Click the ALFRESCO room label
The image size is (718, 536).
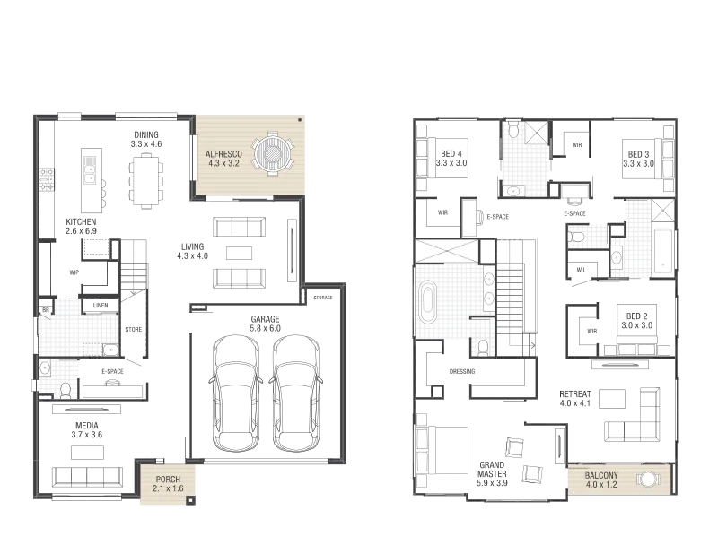[223, 154]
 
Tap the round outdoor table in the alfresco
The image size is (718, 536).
[274, 153]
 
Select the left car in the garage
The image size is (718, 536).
[236, 393]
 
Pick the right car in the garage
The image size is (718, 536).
[296, 393]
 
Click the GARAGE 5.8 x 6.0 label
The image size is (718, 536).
[265, 324]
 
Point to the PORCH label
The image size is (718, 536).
[168, 480]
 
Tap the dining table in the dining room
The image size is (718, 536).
[146, 181]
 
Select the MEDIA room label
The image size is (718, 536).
[86, 426]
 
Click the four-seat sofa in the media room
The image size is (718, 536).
[87, 477]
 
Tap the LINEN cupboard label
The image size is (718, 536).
[101, 305]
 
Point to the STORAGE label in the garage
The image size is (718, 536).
[323, 298]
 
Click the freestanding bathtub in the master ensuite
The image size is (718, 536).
[428, 302]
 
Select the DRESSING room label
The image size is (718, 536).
[462, 371]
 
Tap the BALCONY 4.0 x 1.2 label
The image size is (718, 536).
[601, 480]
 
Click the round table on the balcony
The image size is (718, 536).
[647, 480]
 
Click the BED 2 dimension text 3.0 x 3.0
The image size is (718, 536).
[637, 325]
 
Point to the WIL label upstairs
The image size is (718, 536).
[581, 270]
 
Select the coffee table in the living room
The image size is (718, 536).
[239, 253]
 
